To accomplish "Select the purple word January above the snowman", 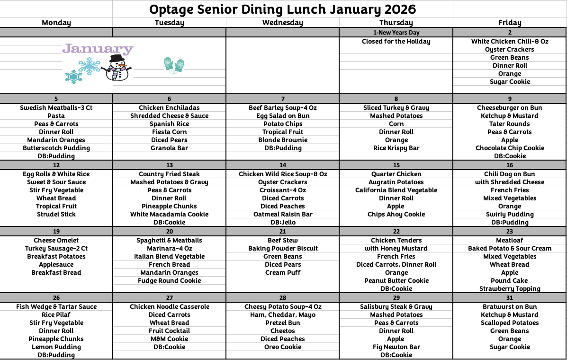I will pos(98,49).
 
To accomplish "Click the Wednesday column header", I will pos(282,22).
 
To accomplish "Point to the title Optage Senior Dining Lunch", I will pos(282,9).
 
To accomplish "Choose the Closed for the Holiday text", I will pos(396,41).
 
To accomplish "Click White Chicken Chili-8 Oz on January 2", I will pos(510,41).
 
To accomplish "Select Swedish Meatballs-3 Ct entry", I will pos(56,108).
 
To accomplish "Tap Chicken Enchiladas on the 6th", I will pos(169,108).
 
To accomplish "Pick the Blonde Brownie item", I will pos(283,140).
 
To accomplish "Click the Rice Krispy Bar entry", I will pos(396,148).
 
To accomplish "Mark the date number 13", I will pos(169,165).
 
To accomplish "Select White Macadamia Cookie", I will pos(169,214).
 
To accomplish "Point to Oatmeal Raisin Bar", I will pos(283,214).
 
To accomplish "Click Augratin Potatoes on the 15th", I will pos(396,182).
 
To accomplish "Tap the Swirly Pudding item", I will pos(510,214).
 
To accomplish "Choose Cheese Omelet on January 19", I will pos(56,240).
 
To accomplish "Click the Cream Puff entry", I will pos(283,272).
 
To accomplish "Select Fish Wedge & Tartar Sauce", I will pos(56,306).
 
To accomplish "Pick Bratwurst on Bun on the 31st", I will pos(510,306).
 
